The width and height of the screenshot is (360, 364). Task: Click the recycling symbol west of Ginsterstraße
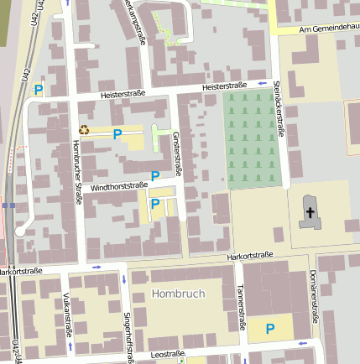[84, 130]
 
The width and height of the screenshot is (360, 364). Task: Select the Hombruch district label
[177, 294]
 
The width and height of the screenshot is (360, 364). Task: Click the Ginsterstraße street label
[177, 153]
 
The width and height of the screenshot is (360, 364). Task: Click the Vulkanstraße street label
[66, 314]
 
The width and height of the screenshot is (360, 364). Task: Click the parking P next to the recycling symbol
[117, 134]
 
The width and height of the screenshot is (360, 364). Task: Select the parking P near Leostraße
[270, 329]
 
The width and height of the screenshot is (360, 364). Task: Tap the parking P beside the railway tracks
[38, 90]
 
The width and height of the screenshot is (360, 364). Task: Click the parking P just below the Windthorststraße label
[155, 203]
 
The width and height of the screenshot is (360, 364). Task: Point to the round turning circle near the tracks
[20, 231]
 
